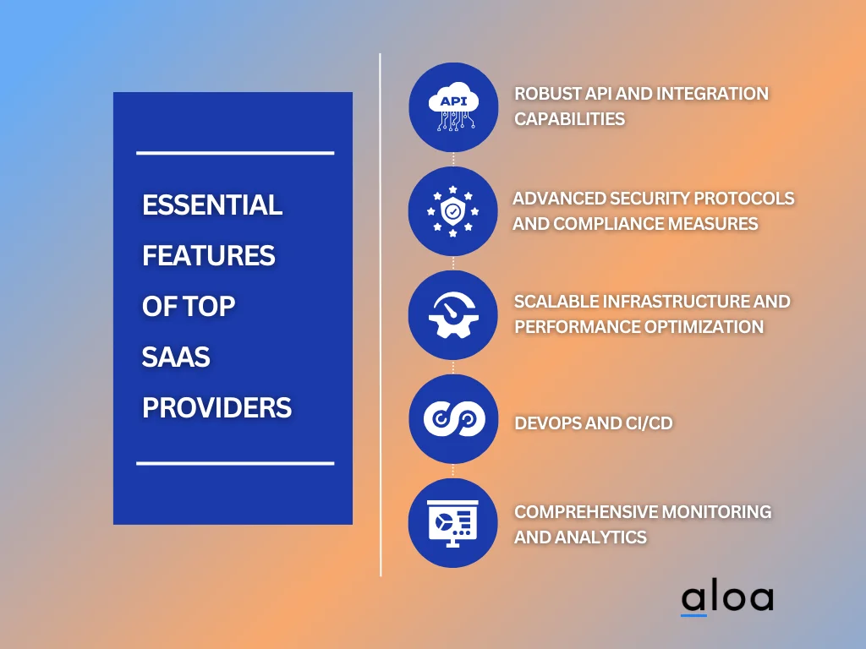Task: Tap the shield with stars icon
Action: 453,211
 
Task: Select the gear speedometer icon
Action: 453,315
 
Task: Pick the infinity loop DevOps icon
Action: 453,419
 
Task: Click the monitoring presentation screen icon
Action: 453,523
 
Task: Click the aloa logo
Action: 726,598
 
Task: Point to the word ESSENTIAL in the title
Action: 212,205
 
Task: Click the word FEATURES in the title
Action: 208,255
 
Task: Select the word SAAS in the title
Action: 176,357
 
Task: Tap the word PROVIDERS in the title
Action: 216,407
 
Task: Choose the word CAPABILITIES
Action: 569,118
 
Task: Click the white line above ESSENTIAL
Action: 235,153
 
